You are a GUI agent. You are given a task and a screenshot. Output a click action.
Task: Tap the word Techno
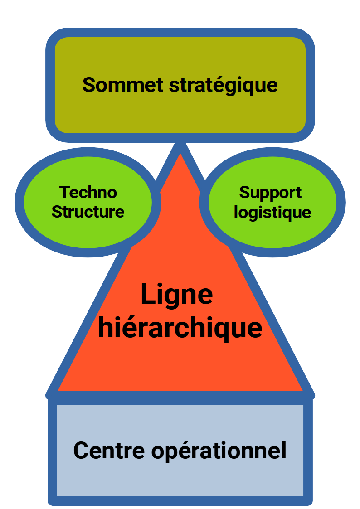point(88,192)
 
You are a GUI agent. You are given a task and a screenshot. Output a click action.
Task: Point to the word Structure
point(88,212)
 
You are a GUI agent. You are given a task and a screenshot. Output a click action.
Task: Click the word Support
point(270,193)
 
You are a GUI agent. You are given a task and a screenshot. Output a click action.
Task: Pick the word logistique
point(272,213)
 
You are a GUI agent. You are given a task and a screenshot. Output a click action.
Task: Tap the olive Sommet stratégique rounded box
point(180,54)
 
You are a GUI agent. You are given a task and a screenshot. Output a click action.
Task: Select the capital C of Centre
point(82,451)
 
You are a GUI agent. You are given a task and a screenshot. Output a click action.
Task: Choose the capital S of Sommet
point(89,85)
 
